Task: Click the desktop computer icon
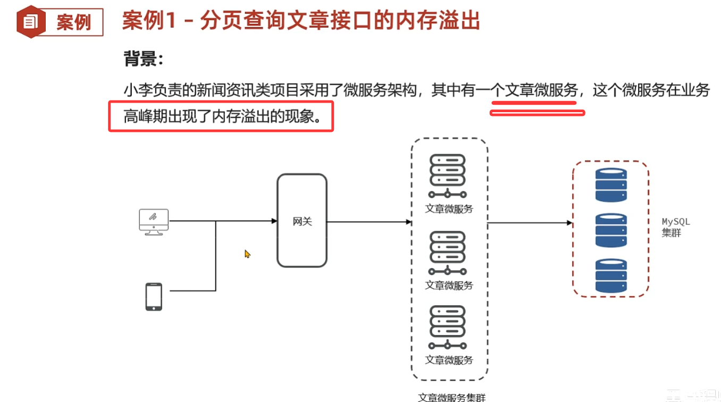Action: tap(154, 221)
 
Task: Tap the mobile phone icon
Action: tap(154, 297)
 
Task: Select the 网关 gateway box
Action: tap(302, 221)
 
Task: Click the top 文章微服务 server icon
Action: tap(448, 176)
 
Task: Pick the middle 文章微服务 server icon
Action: tap(448, 253)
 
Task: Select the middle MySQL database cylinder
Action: tap(611, 230)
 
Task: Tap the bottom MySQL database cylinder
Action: tap(611, 275)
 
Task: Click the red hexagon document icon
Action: tap(31, 22)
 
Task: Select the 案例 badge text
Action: tap(74, 23)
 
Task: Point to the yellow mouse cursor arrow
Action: tap(247, 254)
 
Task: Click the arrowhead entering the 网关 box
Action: tap(274, 221)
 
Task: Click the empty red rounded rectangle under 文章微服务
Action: tap(537, 112)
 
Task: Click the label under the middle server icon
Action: tap(449, 286)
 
